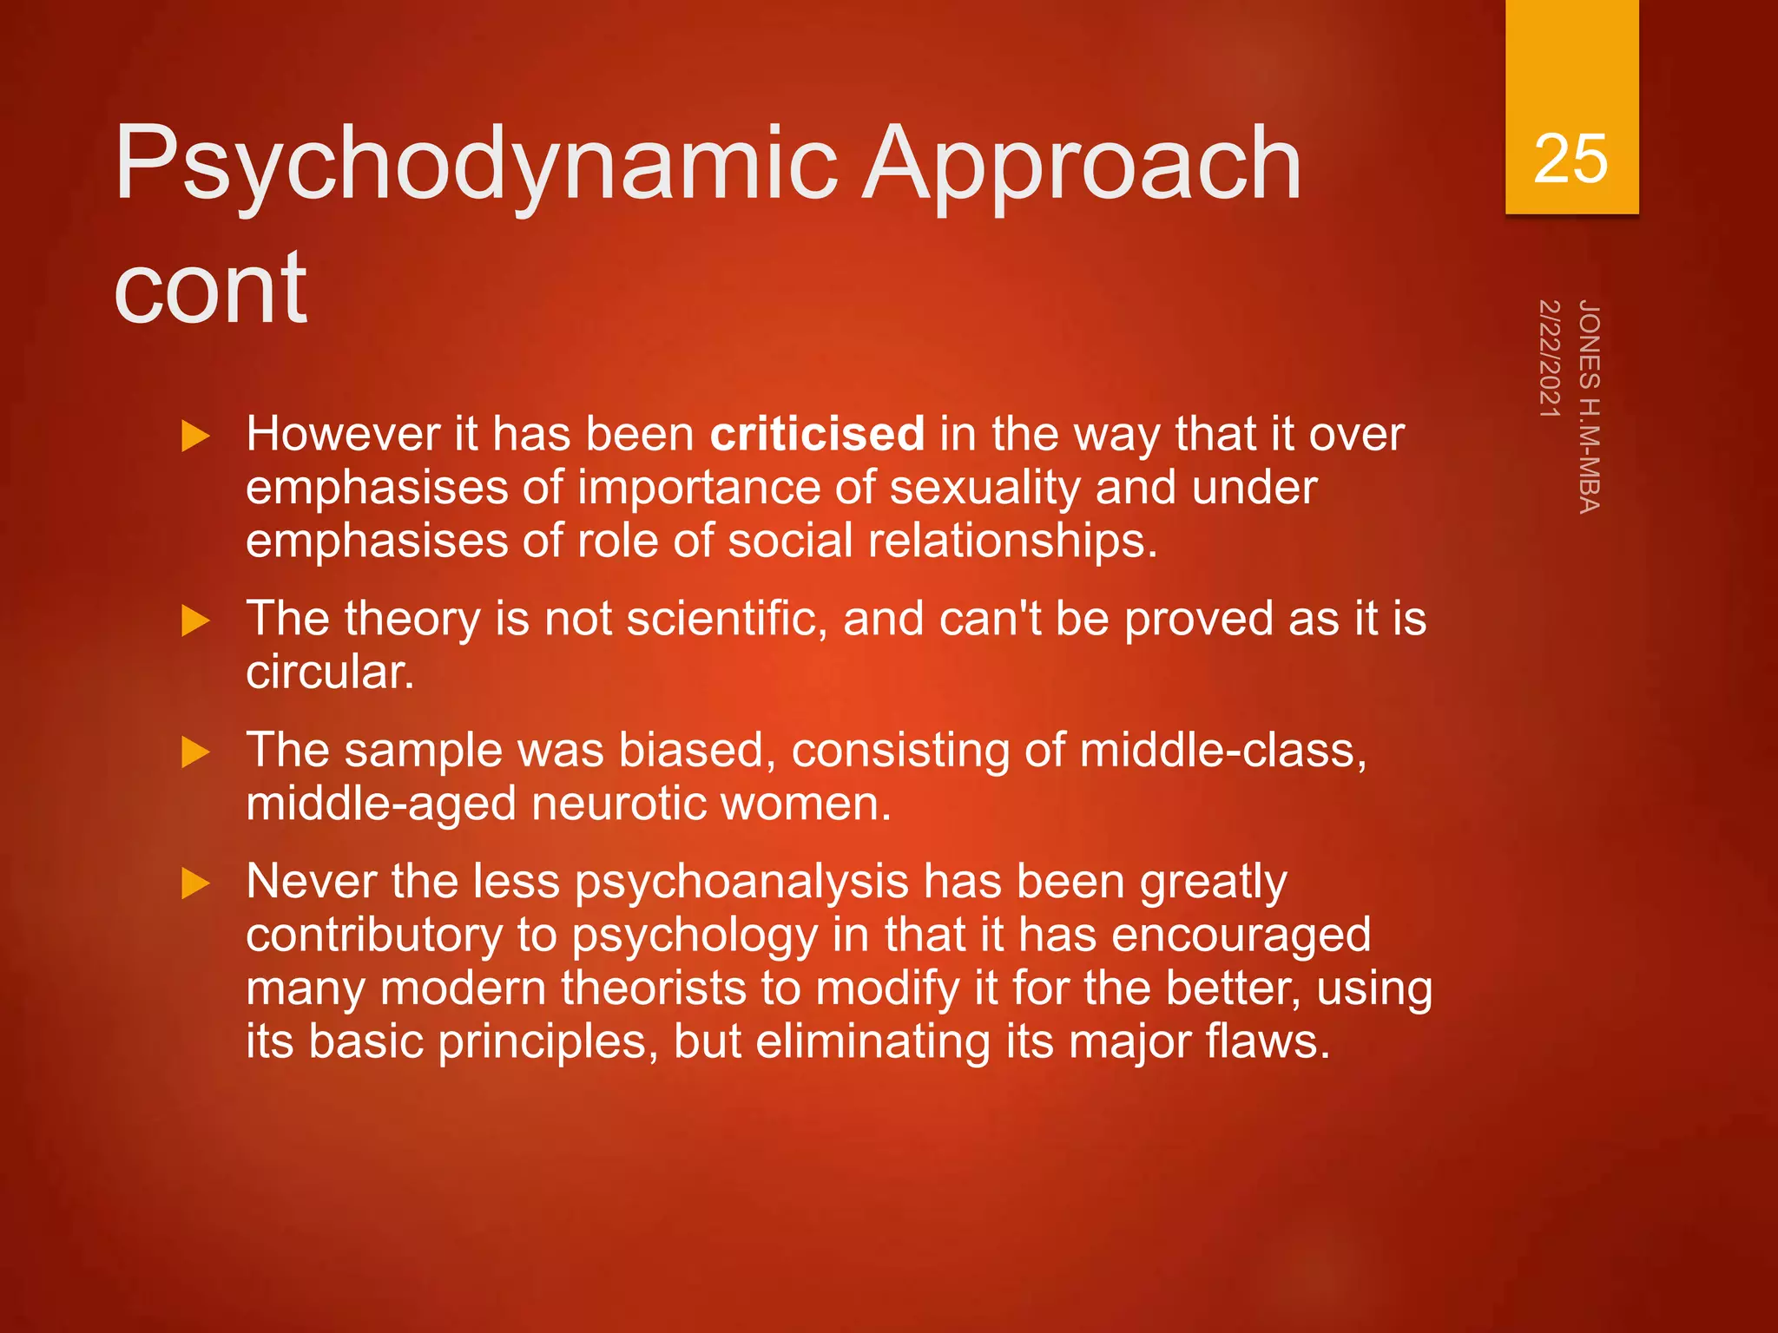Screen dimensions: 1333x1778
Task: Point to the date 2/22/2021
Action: coord(1550,358)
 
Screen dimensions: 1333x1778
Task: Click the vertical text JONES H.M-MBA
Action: coord(1589,406)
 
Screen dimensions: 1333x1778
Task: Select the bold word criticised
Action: coord(817,433)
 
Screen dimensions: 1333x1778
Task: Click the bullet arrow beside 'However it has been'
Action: coord(196,436)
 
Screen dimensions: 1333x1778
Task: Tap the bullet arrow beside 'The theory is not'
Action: coord(196,621)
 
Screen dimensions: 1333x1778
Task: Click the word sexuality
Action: coord(984,488)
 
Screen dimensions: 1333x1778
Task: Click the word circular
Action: coord(330,673)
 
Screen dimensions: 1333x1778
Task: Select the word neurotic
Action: coord(618,804)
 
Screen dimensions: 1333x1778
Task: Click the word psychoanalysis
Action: coord(741,883)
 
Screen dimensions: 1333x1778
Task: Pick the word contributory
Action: coord(374,936)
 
